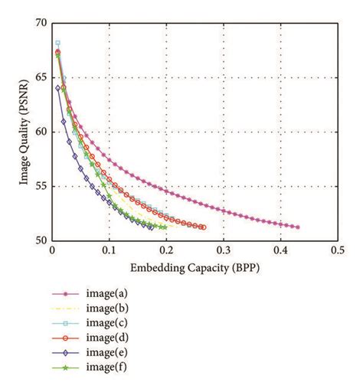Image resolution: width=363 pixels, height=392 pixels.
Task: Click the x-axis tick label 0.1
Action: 109,250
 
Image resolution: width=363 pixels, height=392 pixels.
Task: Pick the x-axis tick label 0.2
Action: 166,250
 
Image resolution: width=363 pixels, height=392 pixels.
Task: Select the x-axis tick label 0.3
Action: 223,250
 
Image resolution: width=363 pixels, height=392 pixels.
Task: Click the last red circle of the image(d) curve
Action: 203,227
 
